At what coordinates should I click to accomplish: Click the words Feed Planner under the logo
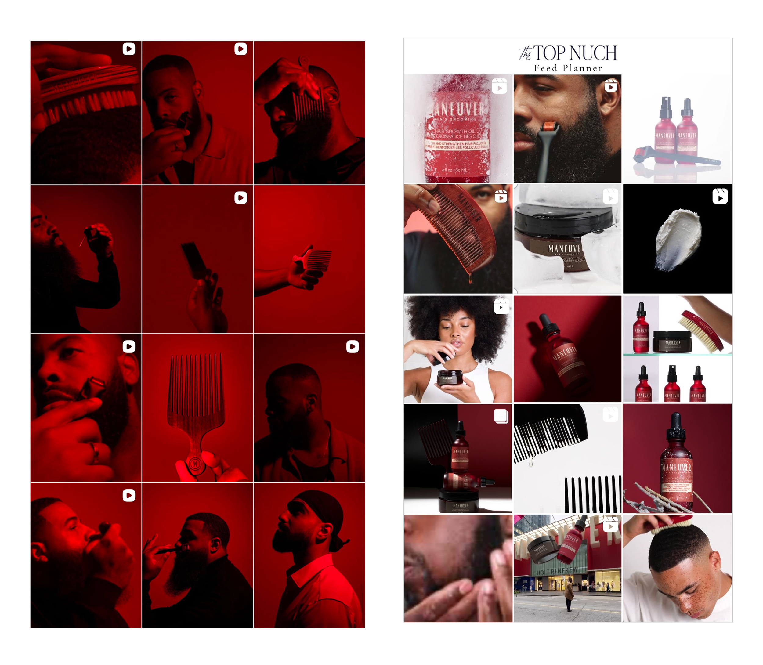click(568, 68)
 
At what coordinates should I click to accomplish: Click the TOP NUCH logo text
click(574, 53)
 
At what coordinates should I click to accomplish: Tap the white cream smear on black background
click(678, 237)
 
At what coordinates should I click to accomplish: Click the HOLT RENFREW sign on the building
click(557, 571)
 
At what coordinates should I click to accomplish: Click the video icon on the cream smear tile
click(720, 196)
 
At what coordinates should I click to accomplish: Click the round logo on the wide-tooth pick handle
click(196, 464)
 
